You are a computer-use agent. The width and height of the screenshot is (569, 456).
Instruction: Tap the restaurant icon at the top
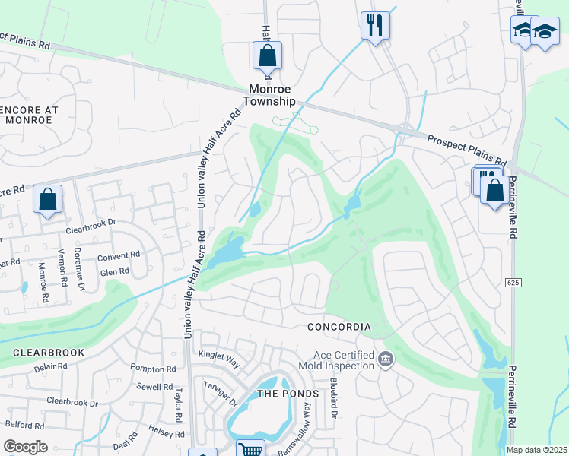coord(374,26)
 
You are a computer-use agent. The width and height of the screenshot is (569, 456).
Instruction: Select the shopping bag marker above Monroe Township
coord(267,55)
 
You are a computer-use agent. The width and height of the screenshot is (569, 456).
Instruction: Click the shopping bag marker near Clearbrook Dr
coord(47,201)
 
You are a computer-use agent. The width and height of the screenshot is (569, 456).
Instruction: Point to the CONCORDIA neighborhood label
coord(339,328)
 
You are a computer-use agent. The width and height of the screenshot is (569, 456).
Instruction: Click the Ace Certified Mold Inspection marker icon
coord(386,358)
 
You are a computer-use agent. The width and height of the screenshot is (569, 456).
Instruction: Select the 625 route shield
coord(511,283)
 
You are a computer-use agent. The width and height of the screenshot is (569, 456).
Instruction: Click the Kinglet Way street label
coord(219,354)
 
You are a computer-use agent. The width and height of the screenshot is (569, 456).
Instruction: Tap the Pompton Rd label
coord(153,369)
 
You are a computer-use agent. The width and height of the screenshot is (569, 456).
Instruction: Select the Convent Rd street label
coord(119,256)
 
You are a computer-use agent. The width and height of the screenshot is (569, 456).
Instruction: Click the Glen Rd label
coord(114,272)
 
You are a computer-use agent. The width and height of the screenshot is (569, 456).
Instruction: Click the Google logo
coord(25,447)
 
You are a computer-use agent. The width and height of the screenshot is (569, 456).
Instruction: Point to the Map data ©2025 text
coord(536,450)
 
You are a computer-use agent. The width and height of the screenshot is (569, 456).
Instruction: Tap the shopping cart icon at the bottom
coord(250,448)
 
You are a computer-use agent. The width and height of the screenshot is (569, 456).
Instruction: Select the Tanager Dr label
coord(221,392)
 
